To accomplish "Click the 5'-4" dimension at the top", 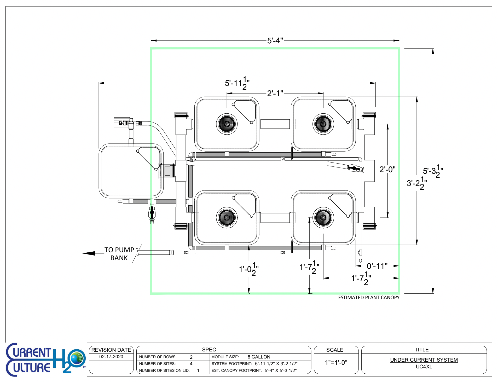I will (x=275, y=41).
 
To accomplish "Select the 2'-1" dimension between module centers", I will (x=275, y=93).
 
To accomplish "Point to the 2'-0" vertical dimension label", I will (x=387, y=170).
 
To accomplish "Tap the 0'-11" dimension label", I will (x=377, y=266).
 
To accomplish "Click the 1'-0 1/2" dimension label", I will (x=248, y=269).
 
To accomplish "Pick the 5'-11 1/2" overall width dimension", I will (x=237, y=84).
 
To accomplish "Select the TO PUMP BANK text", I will (x=119, y=254).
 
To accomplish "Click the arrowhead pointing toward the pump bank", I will (x=89, y=253).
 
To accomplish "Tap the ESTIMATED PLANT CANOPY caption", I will (x=369, y=297).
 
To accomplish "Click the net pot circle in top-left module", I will (x=227, y=124).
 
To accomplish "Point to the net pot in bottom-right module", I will (x=323, y=217).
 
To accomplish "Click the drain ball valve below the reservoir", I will (x=152, y=213).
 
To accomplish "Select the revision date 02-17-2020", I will (x=111, y=357).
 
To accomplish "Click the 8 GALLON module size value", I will (x=259, y=357).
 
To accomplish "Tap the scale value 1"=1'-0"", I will (x=336, y=362).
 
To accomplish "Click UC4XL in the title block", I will (x=424, y=367).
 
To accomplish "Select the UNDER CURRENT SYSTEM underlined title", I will (x=424, y=360).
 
